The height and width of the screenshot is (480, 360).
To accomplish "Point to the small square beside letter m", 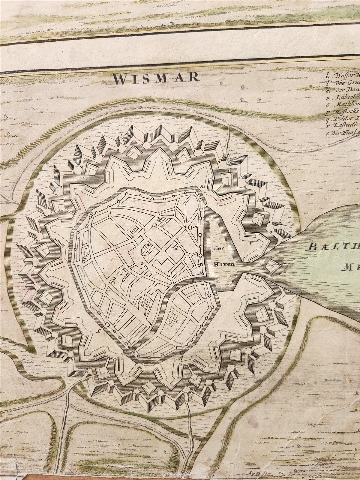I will point(190,227).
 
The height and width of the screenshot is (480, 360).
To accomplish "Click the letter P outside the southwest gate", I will point(98,330).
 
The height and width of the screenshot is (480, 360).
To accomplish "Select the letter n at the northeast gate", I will point(202,186).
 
